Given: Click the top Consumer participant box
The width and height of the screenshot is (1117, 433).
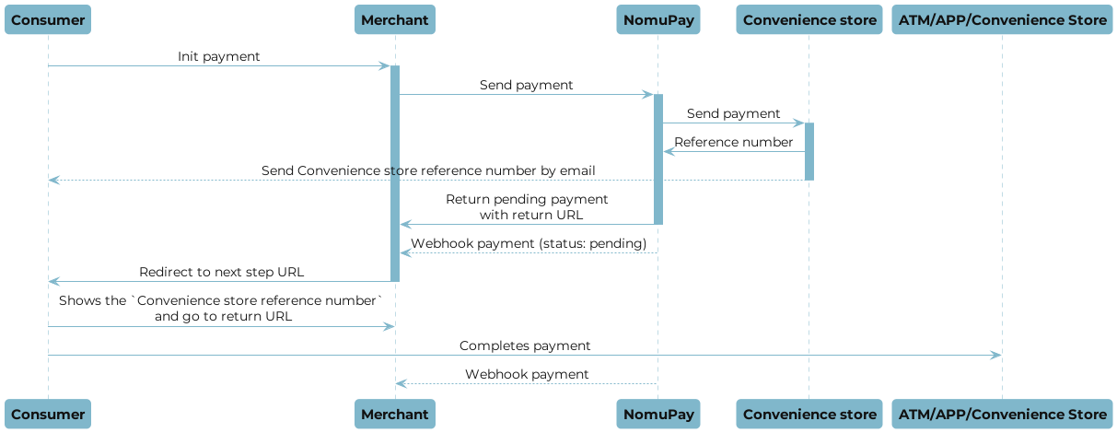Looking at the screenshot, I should point(48,20).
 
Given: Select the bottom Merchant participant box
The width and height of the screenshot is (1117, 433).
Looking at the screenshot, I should point(394,414).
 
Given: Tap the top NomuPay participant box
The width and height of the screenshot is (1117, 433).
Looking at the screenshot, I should point(657,20).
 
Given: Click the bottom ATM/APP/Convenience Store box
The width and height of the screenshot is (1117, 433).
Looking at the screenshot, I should point(1002,414).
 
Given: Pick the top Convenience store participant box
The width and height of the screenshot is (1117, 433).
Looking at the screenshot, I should point(809,20).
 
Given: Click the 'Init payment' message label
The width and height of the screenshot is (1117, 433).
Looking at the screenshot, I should point(219,57).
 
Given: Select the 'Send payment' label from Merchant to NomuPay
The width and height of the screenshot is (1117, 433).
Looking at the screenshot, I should point(526,85).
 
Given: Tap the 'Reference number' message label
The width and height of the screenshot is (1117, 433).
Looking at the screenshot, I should point(733,142).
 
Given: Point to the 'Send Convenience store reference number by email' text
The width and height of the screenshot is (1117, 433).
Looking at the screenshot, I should point(428,170).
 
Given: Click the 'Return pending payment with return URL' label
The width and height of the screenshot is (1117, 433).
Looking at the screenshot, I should point(527,206).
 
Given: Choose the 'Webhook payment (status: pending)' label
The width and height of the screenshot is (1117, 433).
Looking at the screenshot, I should point(529,243).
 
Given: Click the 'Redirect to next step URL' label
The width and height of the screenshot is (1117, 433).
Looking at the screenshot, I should point(221,272).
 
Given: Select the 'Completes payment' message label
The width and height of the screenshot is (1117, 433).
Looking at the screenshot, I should point(525,345).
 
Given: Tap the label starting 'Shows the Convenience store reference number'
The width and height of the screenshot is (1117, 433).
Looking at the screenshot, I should point(221,308).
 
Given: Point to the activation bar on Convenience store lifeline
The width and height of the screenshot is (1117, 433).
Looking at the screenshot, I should point(809,151).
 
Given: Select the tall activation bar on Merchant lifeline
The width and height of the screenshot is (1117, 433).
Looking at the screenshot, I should point(395,173).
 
